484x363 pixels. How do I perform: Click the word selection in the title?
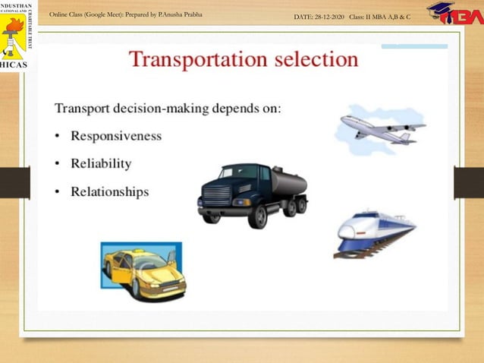click(x=310, y=59)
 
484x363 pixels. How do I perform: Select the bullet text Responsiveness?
click(x=115, y=136)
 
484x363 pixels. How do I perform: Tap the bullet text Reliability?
click(x=101, y=163)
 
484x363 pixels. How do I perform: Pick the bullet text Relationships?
click(x=109, y=191)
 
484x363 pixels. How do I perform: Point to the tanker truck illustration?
click(x=252, y=194)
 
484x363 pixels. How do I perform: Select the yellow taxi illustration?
click(x=143, y=270)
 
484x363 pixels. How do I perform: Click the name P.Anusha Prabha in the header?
click(x=181, y=15)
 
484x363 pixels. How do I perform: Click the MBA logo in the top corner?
click(x=454, y=14)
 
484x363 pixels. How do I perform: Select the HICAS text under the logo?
click(x=14, y=65)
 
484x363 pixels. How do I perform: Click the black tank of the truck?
click(x=288, y=183)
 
